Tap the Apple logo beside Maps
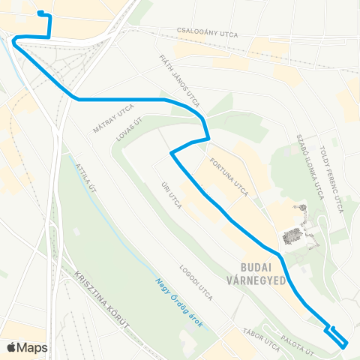pyautogui.click(x=11, y=347)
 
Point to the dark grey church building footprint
pyautogui.click(x=291, y=238)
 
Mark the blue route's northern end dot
pyautogui.click(x=40, y=13)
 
